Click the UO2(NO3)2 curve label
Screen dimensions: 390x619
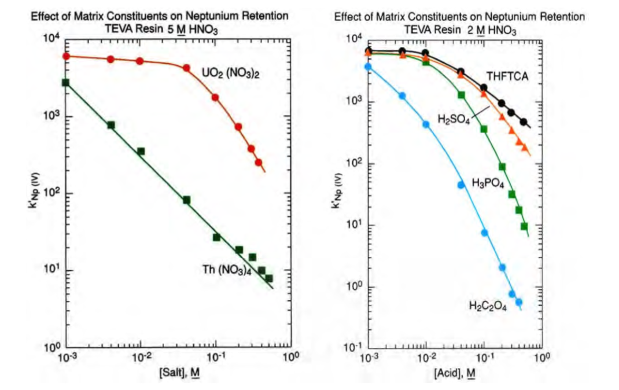pyautogui.click(x=229, y=73)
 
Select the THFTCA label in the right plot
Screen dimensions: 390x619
pyautogui.click(x=509, y=76)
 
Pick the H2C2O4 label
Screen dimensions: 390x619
pyautogui.click(x=488, y=307)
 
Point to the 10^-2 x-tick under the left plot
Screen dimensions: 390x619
pyautogui.click(x=140, y=358)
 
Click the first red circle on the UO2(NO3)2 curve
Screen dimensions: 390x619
pyautogui.click(x=66, y=56)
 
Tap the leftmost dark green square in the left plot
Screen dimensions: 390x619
pyautogui.click(x=65, y=82)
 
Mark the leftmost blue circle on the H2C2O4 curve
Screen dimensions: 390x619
pyautogui.click(x=367, y=67)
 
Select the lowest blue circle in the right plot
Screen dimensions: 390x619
pyautogui.click(x=519, y=302)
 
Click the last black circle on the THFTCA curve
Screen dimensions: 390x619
pyautogui.click(x=524, y=122)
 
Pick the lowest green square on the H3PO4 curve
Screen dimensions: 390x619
pyautogui.click(x=524, y=226)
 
